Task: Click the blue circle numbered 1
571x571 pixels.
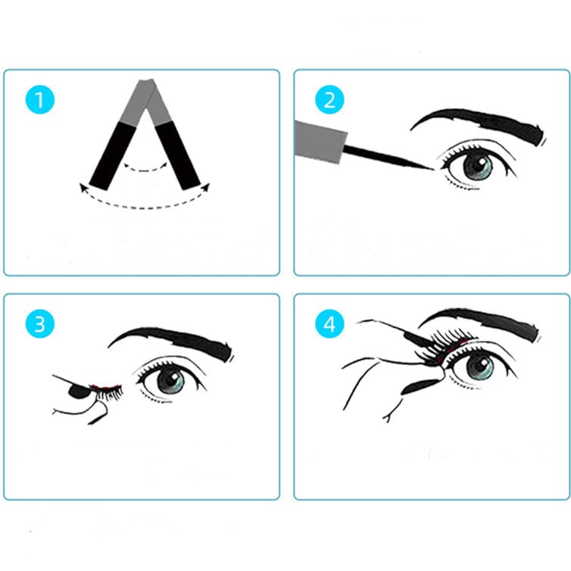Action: pos(39,99)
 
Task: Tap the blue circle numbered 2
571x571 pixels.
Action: pos(329,99)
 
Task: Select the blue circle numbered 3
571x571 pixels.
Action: pos(39,323)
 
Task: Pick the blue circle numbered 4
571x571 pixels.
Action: pos(329,323)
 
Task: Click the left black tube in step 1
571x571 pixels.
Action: pos(113,156)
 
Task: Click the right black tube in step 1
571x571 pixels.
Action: pos(178,155)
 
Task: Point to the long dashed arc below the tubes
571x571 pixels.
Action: pos(145,207)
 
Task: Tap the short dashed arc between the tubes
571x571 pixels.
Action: pos(145,170)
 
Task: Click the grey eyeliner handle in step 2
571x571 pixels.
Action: pos(320,142)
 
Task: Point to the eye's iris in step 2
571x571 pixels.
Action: pos(477,167)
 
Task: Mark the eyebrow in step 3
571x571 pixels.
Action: pos(171,343)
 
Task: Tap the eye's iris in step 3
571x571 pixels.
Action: pos(170,381)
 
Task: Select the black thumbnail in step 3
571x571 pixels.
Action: pos(78,392)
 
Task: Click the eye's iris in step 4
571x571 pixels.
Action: pos(480,367)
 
